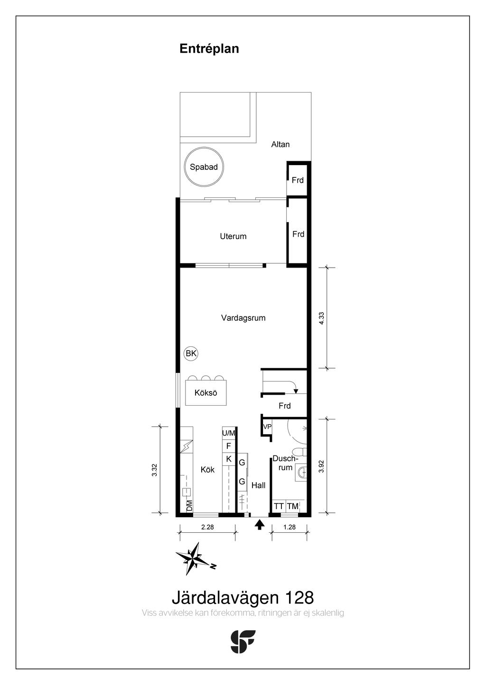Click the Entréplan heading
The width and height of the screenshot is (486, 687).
(209, 49)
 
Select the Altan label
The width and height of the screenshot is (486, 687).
(280, 144)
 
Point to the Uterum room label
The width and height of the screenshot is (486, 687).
(233, 236)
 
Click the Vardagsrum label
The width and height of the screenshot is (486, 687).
(243, 318)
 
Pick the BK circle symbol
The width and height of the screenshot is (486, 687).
(191, 353)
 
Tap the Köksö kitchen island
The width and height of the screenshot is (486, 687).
(206, 392)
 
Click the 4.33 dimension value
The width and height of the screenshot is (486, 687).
(321, 318)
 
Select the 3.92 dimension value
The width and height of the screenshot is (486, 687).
(321, 467)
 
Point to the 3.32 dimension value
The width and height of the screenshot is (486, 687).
(154, 470)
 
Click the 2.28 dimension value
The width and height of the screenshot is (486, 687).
(207, 527)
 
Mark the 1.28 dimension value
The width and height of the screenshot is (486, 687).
(290, 527)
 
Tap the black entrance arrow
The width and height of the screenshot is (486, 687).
(260, 524)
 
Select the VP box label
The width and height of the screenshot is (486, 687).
(267, 427)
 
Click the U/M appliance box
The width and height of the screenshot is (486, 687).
(229, 433)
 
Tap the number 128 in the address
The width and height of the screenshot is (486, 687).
(299, 597)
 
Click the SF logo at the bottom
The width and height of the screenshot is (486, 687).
(243, 641)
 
